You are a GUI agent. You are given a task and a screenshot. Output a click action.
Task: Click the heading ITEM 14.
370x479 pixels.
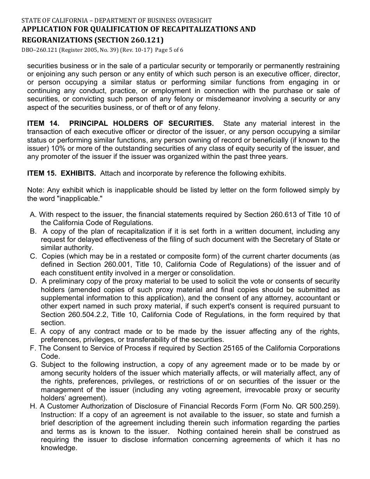click(43, 123)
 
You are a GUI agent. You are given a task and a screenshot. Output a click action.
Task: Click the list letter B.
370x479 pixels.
click(33, 231)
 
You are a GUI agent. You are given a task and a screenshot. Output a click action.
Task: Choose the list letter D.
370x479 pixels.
click(33, 281)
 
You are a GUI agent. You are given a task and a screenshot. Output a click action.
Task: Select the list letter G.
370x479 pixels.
click(33, 365)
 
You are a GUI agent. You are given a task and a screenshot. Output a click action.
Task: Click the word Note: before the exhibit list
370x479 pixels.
click(35, 190)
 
